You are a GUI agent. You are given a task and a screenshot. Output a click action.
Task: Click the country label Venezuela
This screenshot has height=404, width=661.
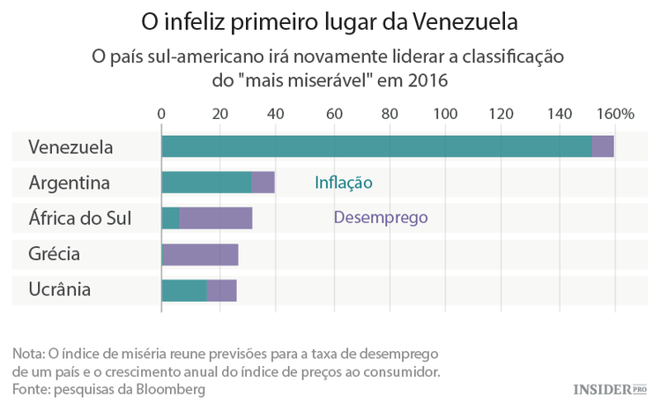click(x=71, y=147)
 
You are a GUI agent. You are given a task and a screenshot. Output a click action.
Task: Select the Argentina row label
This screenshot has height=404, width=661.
click(x=69, y=183)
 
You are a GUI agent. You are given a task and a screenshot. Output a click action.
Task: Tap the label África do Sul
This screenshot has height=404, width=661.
click(x=79, y=219)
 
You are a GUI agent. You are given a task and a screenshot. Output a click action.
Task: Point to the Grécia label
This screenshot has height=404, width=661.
click(x=55, y=254)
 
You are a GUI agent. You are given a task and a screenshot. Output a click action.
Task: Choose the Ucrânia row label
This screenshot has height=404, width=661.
click(x=59, y=289)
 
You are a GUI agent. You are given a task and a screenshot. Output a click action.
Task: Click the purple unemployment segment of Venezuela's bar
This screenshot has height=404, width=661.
click(x=603, y=147)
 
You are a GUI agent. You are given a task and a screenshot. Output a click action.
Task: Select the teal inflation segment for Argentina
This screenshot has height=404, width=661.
click(x=206, y=183)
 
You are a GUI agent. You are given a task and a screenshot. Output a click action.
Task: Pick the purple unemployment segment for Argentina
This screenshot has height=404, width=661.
click(x=264, y=183)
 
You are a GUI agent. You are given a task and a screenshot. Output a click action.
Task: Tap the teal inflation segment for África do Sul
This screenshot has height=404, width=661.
click(x=171, y=219)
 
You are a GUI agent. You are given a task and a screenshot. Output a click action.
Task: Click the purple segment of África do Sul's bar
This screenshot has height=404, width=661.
click(x=216, y=219)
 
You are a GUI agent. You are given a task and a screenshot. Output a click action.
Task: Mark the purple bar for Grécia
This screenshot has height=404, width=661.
click(x=201, y=254)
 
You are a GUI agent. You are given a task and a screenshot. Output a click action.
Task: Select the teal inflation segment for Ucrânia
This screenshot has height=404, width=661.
click(x=184, y=289)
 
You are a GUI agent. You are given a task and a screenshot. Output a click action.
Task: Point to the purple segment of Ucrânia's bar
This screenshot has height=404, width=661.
click(x=222, y=289)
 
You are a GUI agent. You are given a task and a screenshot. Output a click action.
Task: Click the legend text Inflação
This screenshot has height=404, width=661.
click(x=344, y=183)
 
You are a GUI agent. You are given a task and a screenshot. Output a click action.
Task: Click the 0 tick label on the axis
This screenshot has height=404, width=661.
click(x=161, y=114)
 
